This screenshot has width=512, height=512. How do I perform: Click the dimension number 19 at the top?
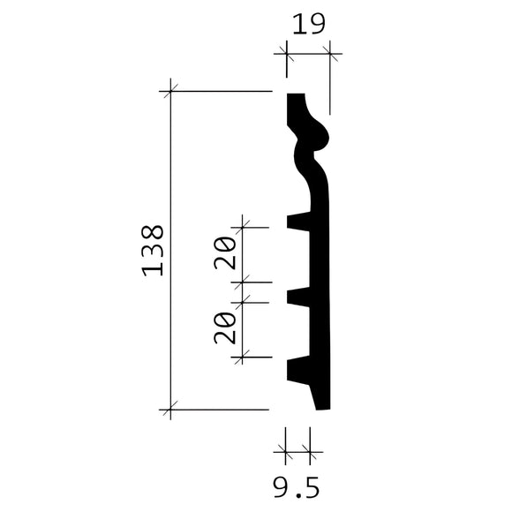point(308,25)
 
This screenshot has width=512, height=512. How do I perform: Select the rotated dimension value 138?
point(152,251)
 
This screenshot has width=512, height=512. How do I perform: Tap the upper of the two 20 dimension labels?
point(224,253)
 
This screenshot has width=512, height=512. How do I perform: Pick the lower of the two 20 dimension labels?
point(224,327)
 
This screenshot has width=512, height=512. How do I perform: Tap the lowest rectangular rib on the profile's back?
point(298,369)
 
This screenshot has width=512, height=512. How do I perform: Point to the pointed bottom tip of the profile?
point(323,408)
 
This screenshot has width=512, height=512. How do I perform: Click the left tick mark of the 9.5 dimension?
point(286,452)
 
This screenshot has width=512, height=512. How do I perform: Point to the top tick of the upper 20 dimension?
point(245,227)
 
